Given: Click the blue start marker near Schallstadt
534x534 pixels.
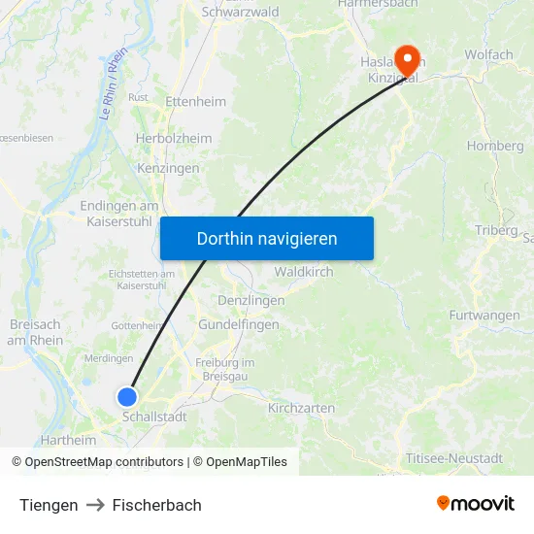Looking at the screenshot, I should tap(127, 396).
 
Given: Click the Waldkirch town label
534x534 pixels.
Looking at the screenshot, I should tap(303, 272).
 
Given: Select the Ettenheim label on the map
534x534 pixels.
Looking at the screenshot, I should tap(195, 102).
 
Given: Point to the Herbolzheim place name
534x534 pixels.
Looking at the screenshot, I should tap(173, 139).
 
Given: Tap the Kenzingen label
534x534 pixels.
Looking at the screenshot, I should tap(168, 168).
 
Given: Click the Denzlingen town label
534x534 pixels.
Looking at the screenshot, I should tap(250, 301).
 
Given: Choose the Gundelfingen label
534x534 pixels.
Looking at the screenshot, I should tap(238, 325).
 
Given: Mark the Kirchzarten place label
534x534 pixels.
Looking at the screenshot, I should tap(300, 409).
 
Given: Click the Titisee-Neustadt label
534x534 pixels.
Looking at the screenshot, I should tap(453, 458).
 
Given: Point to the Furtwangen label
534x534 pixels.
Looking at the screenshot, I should tap(484, 316).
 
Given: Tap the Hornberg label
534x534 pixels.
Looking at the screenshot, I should tap(495, 146).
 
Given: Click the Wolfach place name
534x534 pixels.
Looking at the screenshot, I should tap(488, 54).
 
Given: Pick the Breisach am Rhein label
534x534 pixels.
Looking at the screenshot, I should tap(35, 332).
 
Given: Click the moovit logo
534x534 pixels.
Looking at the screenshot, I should tap(476, 503).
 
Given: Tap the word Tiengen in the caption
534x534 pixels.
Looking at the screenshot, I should tap(49, 505).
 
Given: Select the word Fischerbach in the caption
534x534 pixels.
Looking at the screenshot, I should tap(157, 505).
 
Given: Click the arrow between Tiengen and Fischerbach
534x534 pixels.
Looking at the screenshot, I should tap(95, 505).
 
